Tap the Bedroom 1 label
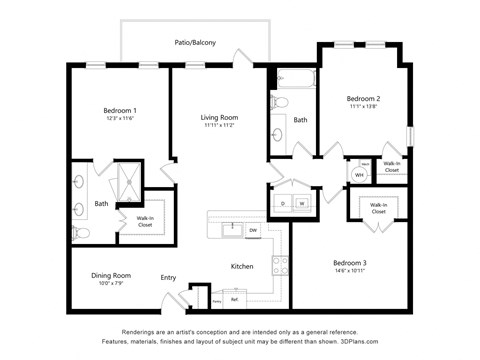[x=120, y=110]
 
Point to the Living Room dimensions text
[x=218, y=126]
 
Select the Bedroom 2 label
[x=363, y=99]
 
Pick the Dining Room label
[x=110, y=275]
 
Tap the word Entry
[x=168, y=278]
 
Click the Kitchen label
[x=242, y=266]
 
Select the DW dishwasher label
[x=253, y=231]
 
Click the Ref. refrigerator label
[x=234, y=299]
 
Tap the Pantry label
[x=216, y=299]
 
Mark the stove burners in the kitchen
[x=280, y=267]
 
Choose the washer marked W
[x=300, y=203]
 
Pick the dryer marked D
[x=283, y=203]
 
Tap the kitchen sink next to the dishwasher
[x=229, y=229]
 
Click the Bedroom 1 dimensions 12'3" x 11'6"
[x=120, y=119]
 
